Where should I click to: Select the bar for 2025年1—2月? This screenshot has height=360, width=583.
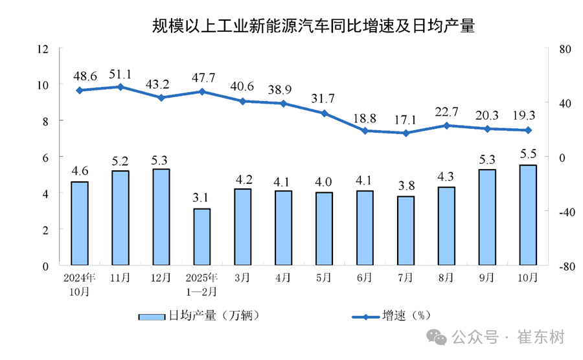click(201, 236)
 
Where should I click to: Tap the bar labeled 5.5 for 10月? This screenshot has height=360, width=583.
click(528, 215)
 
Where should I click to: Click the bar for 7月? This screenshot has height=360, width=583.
click(406, 231)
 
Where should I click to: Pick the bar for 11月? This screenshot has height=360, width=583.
click(120, 218)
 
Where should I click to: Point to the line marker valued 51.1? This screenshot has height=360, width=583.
click(120, 86)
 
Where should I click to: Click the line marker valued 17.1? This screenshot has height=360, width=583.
click(406, 133)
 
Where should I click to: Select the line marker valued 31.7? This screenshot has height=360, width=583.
click(324, 113)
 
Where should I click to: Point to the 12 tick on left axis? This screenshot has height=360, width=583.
click(43, 49)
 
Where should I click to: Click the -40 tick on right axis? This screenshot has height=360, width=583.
click(558, 212)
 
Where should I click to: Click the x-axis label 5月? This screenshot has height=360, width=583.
click(324, 278)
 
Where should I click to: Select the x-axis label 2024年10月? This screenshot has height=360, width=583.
click(79, 284)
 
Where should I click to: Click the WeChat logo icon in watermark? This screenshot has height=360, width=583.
click(438, 337)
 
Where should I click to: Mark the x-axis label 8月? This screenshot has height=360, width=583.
click(446, 278)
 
